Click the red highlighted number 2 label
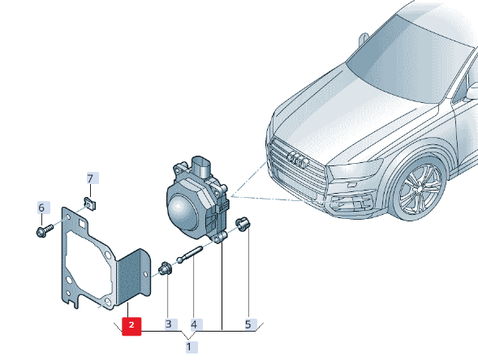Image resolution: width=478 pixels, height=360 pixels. [131, 326]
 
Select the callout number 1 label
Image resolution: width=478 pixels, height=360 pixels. [192, 347]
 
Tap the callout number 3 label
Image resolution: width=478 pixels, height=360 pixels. [169, 324]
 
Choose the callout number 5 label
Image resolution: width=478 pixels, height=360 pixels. [248, 324]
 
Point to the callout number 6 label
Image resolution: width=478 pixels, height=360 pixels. [42, 208]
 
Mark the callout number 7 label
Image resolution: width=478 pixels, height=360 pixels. [91, 178]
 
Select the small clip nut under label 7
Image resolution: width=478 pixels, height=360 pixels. [90, 204]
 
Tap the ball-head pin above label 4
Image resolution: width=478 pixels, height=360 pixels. [189, 254]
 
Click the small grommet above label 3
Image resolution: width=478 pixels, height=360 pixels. [165, 268]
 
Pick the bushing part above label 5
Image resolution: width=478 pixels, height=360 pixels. [243, 224]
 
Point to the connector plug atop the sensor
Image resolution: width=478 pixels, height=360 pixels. [202, 168]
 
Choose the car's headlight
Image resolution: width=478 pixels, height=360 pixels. [355, 169]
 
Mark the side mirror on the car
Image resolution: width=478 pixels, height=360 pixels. [472, 90]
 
